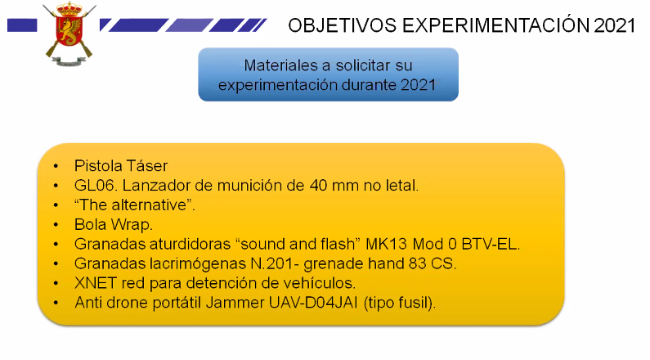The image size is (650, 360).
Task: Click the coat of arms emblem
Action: click(69, 34)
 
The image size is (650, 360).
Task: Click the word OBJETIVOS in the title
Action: click(342, 25)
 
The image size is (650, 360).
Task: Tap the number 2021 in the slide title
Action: click(614, 25)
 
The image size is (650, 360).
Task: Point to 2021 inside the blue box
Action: click(419, 85)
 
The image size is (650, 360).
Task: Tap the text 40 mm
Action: click(334, 186)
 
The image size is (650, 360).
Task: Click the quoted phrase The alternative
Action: click(134, 205)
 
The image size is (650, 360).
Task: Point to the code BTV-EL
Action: click(490, 244)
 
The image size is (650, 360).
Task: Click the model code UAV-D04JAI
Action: click(313, 303)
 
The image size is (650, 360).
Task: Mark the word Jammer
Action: click(235, 303)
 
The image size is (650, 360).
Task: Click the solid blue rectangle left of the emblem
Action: click(22, 25)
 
